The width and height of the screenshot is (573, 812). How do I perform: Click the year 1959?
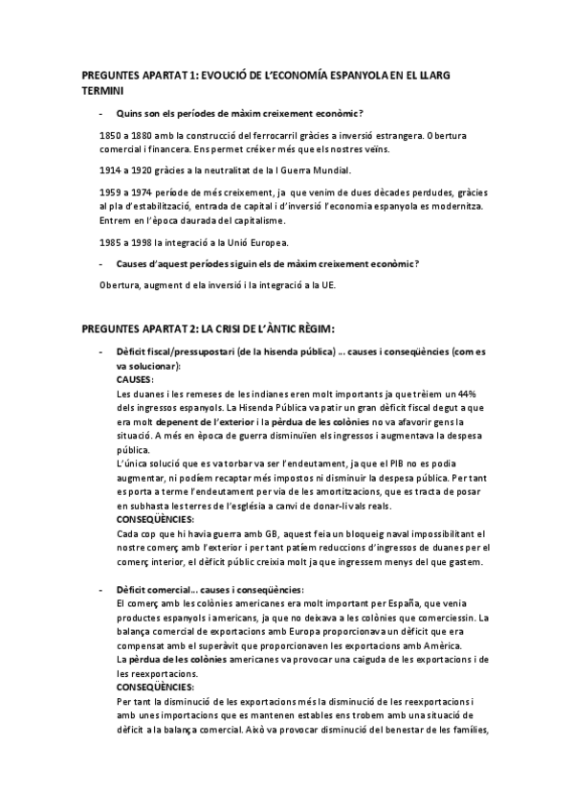109,192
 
